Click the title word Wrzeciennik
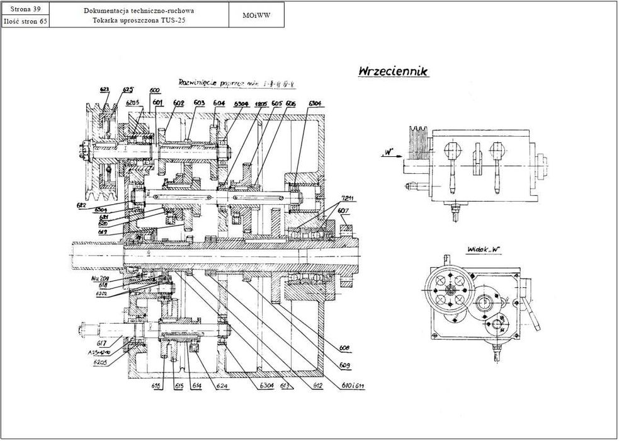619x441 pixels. (x=394, y=72)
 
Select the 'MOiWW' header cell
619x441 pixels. (x=256, y=15)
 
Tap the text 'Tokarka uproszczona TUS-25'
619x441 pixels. (x=139, y=20)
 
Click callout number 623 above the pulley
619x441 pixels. (x=105, y=90)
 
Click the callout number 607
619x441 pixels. (x=343, y=210)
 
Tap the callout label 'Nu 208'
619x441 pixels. (x=99, y=277)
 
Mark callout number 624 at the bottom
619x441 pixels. (x=222, y=385)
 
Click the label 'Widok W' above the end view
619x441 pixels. (x=483, y=250)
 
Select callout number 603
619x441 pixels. (x=199, y=103)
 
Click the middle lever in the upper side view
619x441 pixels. (x=476, y=161)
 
